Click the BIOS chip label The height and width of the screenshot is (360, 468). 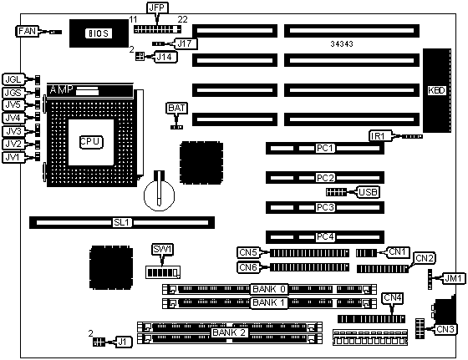99,33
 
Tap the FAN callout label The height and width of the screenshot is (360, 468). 27,31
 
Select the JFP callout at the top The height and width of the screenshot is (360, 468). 157,8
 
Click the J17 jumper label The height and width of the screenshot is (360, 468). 185,43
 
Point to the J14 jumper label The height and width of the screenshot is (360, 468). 165,57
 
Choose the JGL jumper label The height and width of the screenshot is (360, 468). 13,79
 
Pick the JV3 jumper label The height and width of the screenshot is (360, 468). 13,131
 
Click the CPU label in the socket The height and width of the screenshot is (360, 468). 91,142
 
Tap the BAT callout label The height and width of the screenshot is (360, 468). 176,108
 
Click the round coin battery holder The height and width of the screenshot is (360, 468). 159,195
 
